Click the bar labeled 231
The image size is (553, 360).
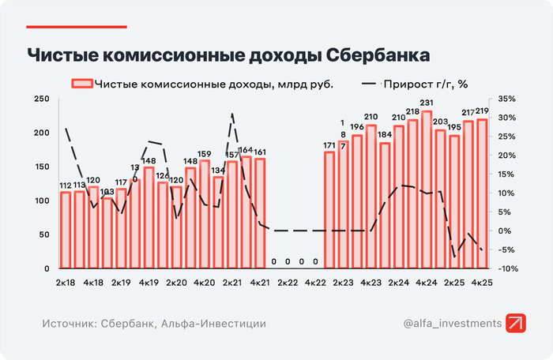tap(427, 189)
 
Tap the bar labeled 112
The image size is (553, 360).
tap(66, 230)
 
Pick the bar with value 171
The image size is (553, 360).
tap(329, 210)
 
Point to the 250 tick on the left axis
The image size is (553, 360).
tap(42, 99)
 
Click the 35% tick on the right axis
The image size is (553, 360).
tap(506, 99)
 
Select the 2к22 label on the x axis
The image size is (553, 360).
tap(286, 282)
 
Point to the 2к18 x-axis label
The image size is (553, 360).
tap(66, 282)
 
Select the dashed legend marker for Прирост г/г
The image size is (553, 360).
tap(370, 83)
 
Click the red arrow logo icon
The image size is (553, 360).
tap(518, 324)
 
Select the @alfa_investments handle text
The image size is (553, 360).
tap(452, 324)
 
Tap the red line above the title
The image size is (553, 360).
tap(77, 26)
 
